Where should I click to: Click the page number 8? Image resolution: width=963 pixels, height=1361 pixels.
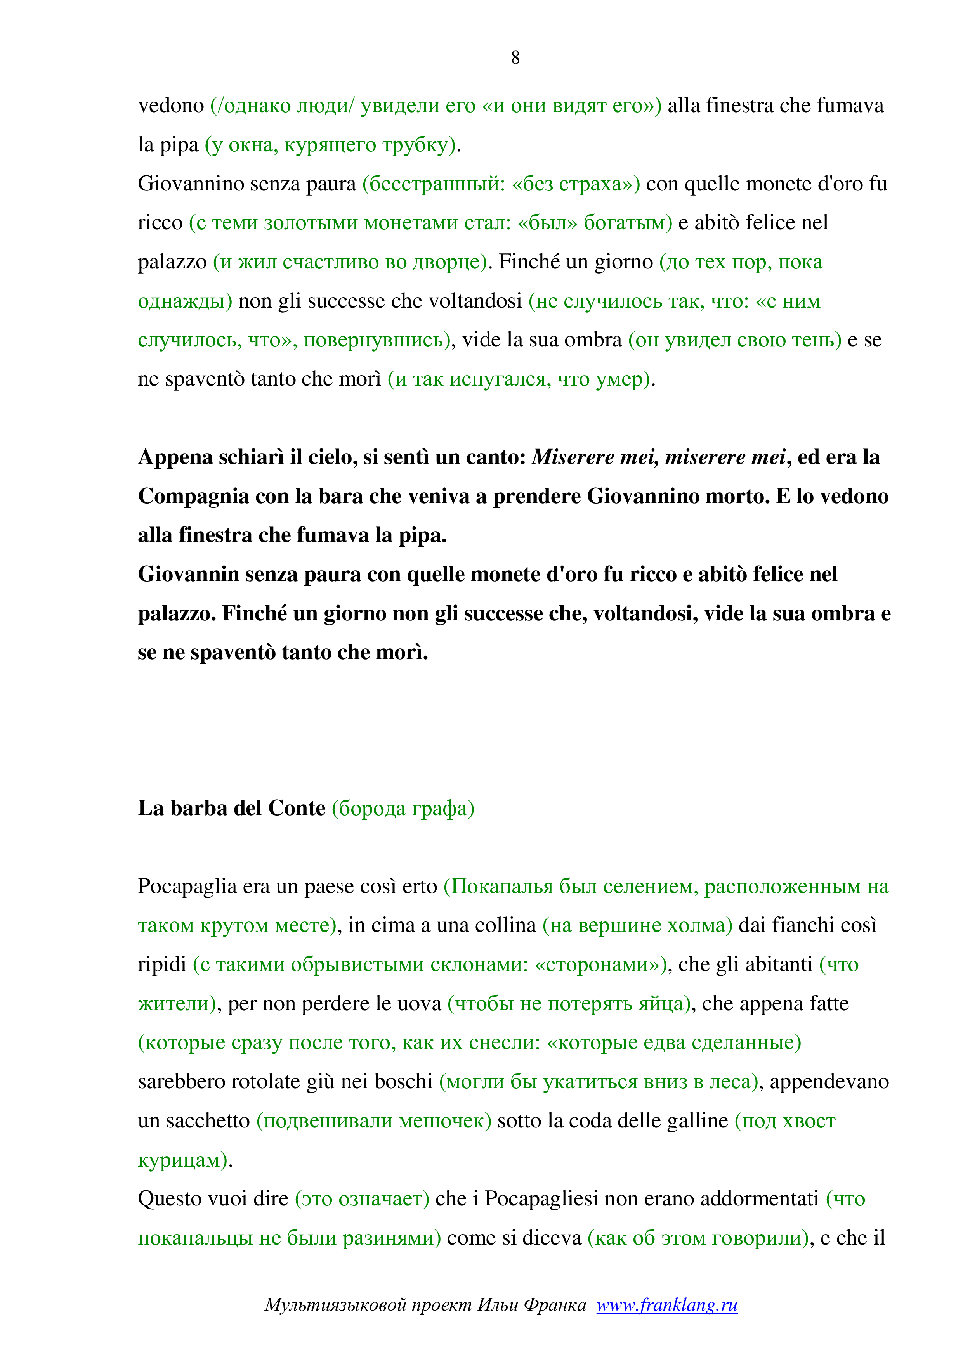[515, 57]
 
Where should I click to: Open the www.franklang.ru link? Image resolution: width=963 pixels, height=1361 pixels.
[667, 1305]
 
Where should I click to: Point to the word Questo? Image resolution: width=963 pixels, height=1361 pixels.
[168, 1198]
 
